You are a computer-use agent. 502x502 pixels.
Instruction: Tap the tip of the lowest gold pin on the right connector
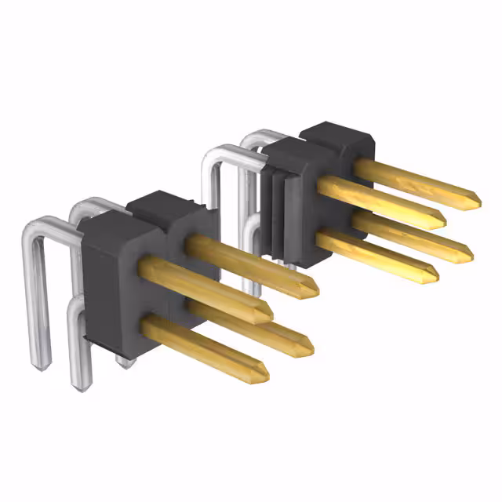pyautogui.click(x=436, y=275)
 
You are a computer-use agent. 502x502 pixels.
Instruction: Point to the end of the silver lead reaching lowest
pyautogui.click(x=79, y=384)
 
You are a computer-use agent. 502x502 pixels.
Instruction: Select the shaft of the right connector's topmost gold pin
pyautogui.click(x=416, y=182)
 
